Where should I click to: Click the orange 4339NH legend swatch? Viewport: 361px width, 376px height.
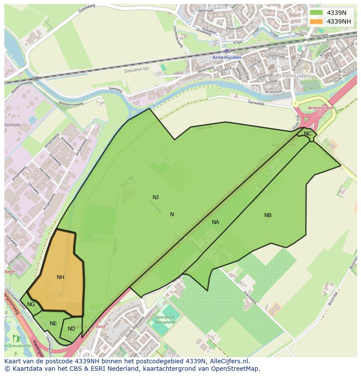[x=317, y=21]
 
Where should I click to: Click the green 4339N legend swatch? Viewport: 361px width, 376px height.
[x=317, y=13]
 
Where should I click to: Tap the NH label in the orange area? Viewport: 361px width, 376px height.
[x=61, y=277]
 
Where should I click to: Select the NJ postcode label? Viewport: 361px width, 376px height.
[x=156, y=197]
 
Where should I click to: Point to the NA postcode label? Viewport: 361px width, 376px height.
[x=215, y=222]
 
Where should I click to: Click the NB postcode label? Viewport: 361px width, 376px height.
[x=268, y=215]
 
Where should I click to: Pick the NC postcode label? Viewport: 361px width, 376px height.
[x=308, y=134]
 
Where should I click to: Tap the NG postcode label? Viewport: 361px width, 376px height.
[x=31, y=304]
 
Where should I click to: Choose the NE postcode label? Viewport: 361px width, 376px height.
[x=53, y=324]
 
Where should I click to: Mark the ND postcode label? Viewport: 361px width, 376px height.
[x=72, y=329]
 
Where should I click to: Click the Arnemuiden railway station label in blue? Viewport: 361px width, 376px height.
[x=226, y=57]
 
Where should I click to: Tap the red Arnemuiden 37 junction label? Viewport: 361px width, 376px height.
[x=320, y=110]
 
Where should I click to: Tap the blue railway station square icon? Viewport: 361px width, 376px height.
[x=227, y=51]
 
